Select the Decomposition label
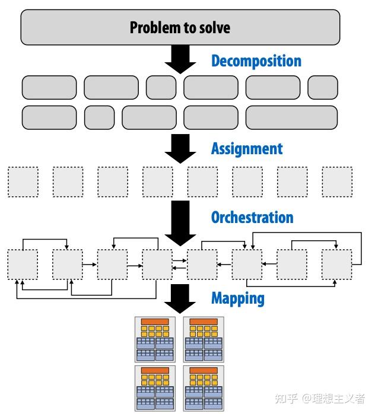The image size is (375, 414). click(256, 62)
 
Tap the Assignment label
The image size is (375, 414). click(247, 149)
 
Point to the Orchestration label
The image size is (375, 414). click(252, 217)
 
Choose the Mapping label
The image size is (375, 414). click(238, 299)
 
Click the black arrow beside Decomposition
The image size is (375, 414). click(180, 59)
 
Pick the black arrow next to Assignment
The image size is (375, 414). click(180, 149)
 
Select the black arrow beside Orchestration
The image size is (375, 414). click(180, 224)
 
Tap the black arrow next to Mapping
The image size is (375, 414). click(180, 299)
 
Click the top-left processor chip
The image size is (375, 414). click(155, 339)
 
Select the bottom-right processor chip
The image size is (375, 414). click(204, 388)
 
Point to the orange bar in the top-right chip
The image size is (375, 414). click(204, 321)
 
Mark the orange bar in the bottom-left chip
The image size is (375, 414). click(155, 371)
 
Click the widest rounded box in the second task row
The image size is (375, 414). click(291, 117)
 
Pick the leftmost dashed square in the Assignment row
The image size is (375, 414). click(23, 182)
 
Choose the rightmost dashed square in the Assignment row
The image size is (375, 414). click(337, 182)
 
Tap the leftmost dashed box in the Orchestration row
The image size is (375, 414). click(23, 265)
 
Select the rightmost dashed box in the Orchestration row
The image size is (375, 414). click(336, 265)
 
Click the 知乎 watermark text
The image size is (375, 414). click(286, 399)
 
